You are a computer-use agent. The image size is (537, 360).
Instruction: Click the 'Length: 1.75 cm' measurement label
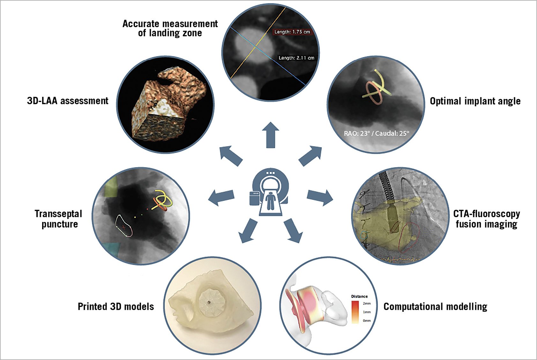[x=292, y=32]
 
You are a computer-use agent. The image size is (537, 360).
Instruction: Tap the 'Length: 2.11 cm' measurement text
[x=296, y=58]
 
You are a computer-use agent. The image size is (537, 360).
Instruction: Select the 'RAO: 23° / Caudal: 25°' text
[x=376, y=133]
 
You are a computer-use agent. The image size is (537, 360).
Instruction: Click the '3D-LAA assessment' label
[x=68, y=101]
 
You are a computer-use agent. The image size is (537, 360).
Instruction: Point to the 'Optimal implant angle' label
[x=475, y=101]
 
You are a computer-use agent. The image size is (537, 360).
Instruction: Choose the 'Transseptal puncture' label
[x=59, y=219]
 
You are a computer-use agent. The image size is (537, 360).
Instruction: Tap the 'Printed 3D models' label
[x=116, y=306]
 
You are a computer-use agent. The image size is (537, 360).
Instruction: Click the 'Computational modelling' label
[x=435, y=306]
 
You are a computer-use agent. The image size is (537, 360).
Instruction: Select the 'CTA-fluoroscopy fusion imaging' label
[x=486, y=219]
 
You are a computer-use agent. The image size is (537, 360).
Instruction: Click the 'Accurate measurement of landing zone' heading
[x=170, y=28]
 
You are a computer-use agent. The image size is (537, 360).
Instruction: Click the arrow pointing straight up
[x=271, y=134]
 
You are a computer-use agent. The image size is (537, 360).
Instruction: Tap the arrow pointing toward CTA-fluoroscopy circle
[x=320, y=197]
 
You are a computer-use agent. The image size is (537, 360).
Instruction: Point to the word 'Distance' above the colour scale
[x=359, y=296]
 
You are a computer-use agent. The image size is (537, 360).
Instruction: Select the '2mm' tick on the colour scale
[x=367, y=304]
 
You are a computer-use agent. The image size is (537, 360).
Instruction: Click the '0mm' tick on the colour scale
[x=367, y=320]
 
